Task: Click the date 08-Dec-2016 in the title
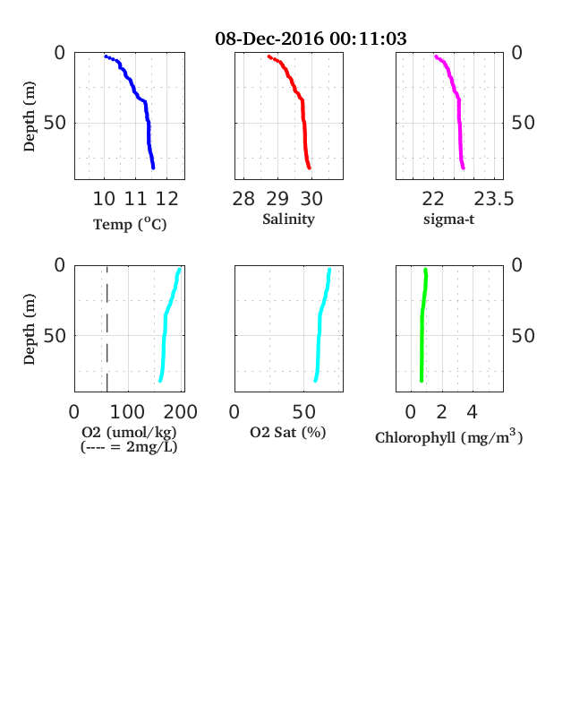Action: click(269, 39)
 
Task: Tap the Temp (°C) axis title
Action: click(130, 224)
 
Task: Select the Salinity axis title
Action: click(289, 220)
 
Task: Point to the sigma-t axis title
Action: click(448, 220)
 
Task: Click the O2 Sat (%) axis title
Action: click(288, 432)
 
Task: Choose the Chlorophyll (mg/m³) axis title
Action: click(449, 436)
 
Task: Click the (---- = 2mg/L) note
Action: click(129, 447)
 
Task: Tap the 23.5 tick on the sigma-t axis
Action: click(494, 199)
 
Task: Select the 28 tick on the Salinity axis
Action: click(243, 199)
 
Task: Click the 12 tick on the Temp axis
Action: click(166, 199)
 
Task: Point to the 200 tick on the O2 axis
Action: click(180, 412)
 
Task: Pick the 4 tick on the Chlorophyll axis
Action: click(472, 412)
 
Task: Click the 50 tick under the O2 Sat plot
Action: click(304, 412)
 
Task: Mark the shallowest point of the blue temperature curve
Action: click(107, 56)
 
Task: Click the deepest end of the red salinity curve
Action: click(310, 168)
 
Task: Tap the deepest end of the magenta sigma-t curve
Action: click(463, 168)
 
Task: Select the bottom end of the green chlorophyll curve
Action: click(422, 381)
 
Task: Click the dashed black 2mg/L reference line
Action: click(107, 329)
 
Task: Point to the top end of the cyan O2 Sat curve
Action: click(329, 270)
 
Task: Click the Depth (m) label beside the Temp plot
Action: click(30, 116)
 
